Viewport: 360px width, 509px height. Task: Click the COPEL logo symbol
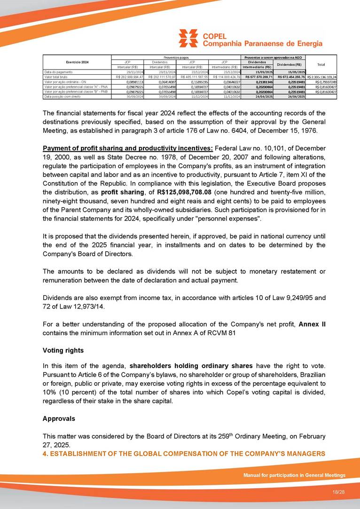pos(188,39)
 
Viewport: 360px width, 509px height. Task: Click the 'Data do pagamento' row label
pos(57,71)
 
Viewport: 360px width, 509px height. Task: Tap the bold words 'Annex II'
pos(312,324)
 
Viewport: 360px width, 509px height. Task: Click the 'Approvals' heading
pos(59,418)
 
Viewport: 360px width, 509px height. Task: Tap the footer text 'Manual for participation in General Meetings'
pos(294,475)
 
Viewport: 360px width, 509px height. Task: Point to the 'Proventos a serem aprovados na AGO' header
pos(273,57)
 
